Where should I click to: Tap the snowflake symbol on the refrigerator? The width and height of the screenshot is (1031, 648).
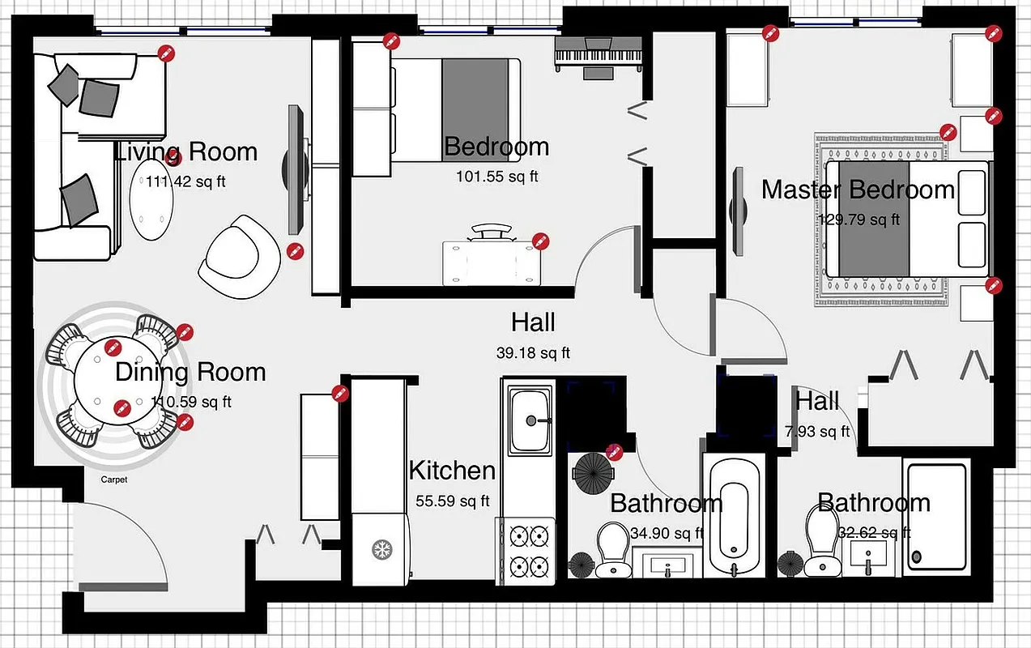tap(379, 550)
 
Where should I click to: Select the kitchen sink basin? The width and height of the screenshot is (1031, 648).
tap(530, 420)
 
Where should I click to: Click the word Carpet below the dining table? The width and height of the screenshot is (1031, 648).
tap(114, 480)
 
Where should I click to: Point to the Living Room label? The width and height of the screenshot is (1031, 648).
tap(186, 152)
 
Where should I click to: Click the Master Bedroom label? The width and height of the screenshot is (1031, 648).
tap(858, 190)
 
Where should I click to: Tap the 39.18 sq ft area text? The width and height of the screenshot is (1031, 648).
tap(533, 353)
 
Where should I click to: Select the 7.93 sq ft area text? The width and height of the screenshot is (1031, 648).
tap(816, 431)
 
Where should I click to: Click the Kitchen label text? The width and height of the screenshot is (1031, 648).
tap(451, 471)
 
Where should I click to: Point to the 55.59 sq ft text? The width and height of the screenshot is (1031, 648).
tap(452, 501)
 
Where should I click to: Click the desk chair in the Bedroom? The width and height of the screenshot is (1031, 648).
tap(492, 232)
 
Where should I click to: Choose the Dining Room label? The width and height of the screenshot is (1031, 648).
tap(190, 373)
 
